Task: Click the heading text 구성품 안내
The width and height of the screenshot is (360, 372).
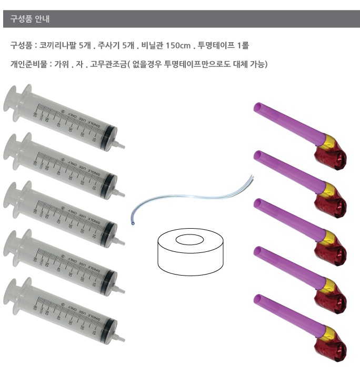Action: pos(30,19)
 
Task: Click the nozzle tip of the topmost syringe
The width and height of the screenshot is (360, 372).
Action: pos(123,143)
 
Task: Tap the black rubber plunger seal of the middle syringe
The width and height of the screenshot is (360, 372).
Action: pos(110,227)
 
